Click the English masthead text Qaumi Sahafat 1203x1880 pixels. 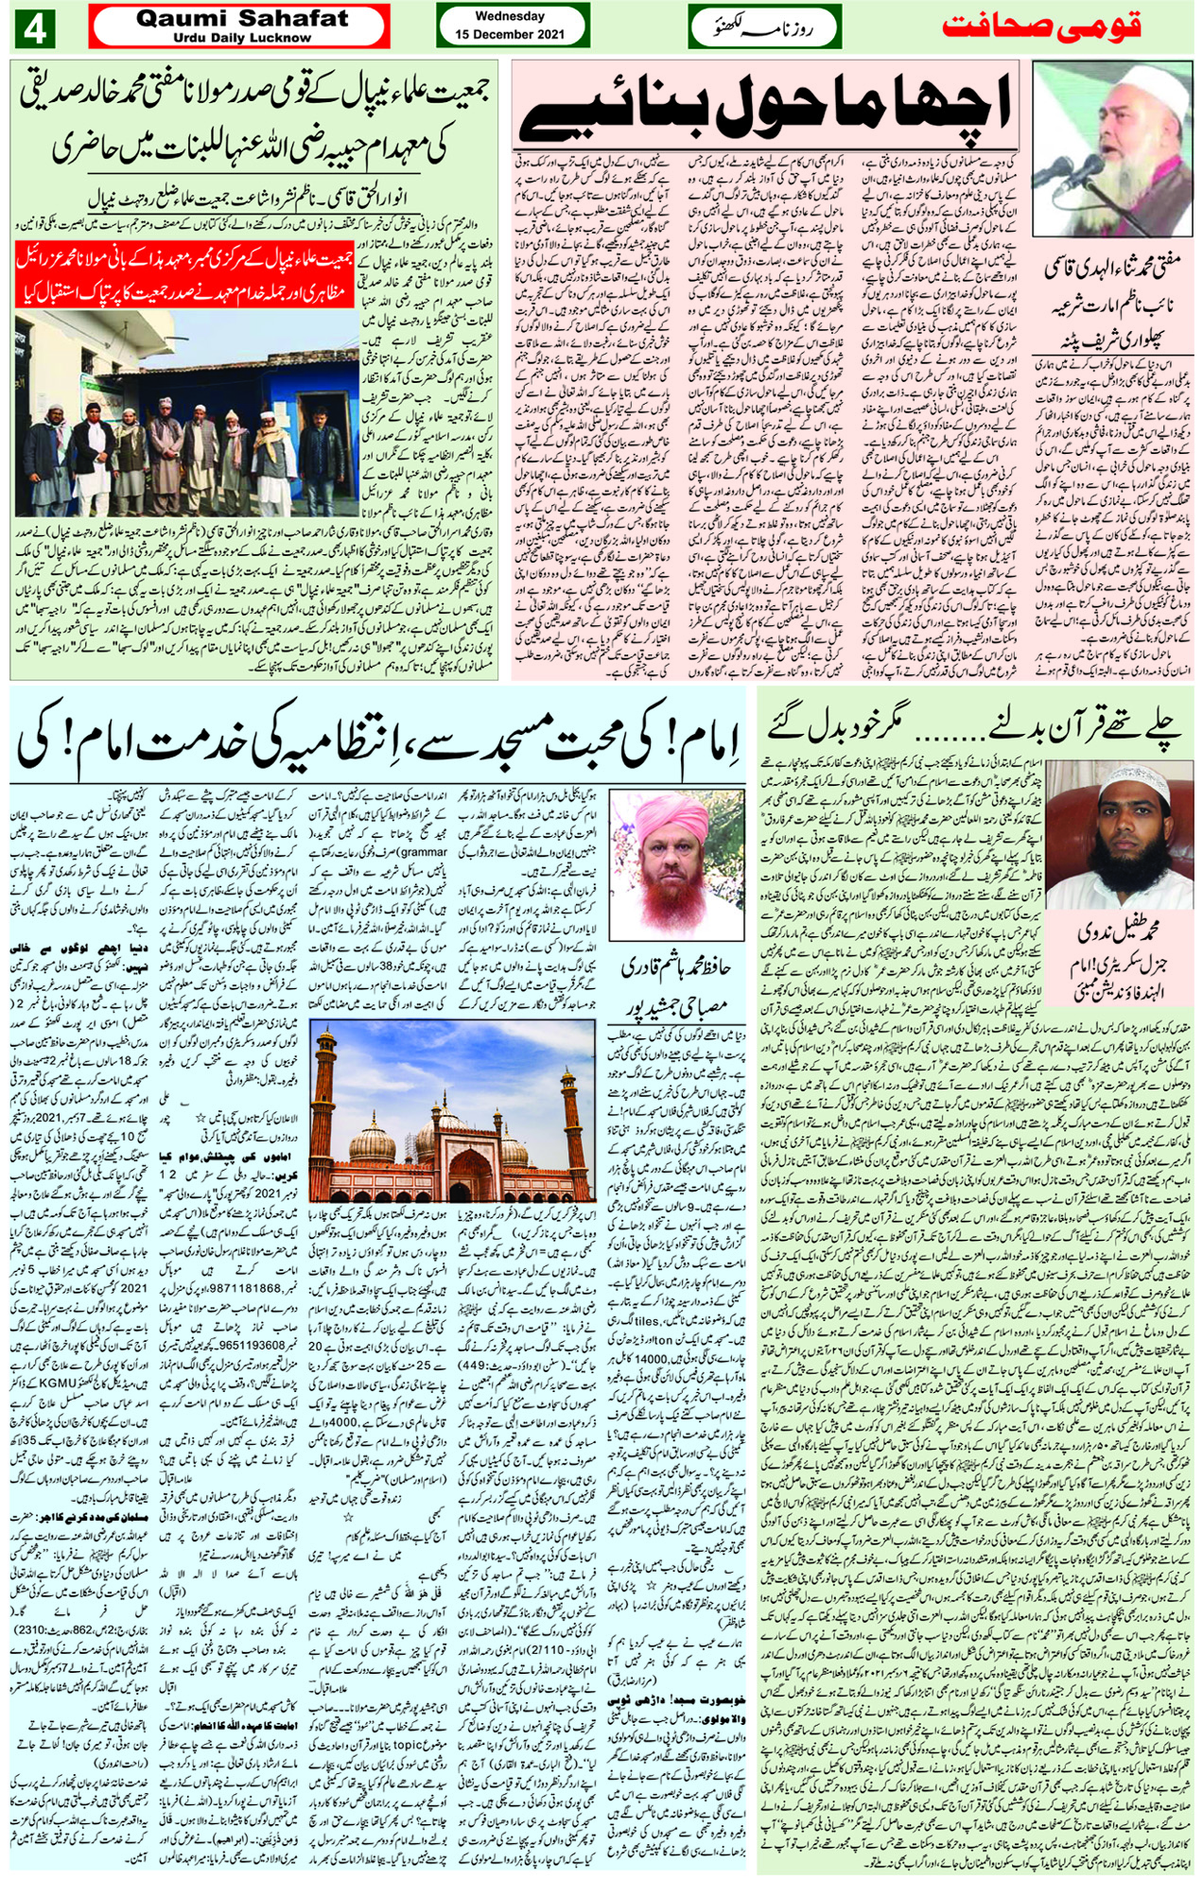coord(242,18)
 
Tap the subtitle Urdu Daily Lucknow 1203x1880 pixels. coord(242,38)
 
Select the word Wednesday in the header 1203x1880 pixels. coord(510,16)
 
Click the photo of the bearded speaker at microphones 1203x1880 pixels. coord(1112,136)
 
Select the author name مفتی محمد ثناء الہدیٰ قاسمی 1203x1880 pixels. coord(1111,269)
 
